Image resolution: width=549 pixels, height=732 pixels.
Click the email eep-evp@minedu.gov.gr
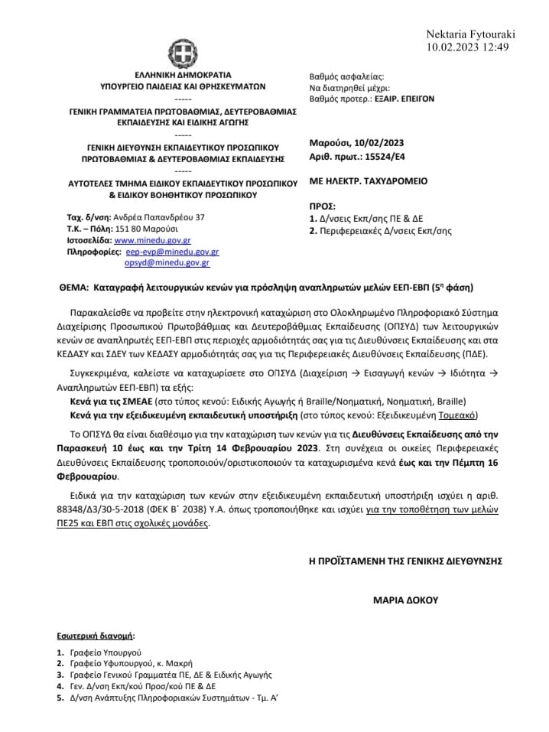coord(173,251)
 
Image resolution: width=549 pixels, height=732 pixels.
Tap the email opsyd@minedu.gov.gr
coord(167,262)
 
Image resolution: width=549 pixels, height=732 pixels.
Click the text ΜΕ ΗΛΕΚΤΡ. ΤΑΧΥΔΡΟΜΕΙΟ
coord(368,181)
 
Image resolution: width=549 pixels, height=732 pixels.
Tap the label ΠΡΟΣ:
coord(321,207)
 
